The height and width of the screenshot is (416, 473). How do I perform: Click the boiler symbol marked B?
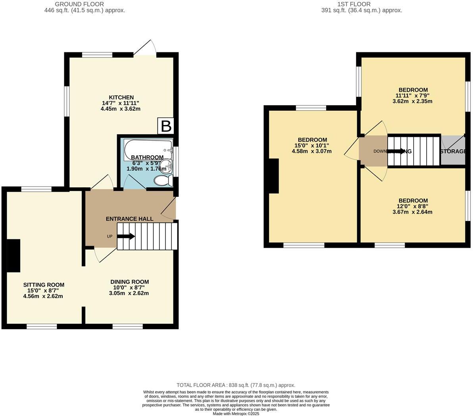click(x=166, y=126)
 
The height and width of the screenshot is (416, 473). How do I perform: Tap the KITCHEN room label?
click(x=121, y=97)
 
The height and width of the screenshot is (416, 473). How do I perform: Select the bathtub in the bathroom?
click(x=148, y=150)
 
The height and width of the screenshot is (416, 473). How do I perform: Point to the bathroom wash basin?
click(x=168, y=167)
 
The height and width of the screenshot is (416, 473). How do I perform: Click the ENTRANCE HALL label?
click(x=129, y=219)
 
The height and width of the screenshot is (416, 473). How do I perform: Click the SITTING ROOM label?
click(x=44, y=285)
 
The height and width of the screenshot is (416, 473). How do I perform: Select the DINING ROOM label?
click(x=129, y=282)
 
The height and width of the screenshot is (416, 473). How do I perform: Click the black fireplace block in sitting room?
click(x=13, y=256)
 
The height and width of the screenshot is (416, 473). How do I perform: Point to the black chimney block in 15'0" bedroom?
click(x=273, y=176)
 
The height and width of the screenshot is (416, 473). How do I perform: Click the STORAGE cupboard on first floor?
click(x=453, y=151)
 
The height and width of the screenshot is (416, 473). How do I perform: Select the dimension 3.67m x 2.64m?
click(x=413, y=212)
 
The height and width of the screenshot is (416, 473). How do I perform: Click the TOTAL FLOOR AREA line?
click(x=236, y=385)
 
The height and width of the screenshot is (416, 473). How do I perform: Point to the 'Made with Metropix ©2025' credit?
click(x=236, y=413)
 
